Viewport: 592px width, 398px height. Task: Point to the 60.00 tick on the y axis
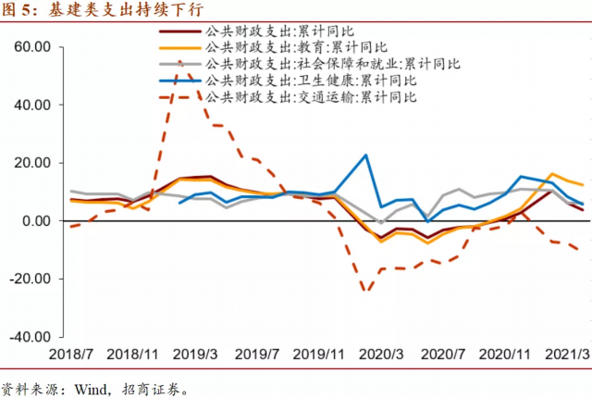point(31,46)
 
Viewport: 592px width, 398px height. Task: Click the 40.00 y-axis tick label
point(31,105)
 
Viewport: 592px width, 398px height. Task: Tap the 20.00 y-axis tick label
point(31,163)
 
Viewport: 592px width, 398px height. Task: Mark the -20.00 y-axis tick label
point(28,279)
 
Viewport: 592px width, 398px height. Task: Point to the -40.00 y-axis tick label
point(28,337)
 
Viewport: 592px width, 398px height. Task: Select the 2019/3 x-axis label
point(196,355)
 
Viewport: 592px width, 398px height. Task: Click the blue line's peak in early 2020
point(365,155)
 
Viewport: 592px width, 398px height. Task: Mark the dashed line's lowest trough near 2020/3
point(365,292)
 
